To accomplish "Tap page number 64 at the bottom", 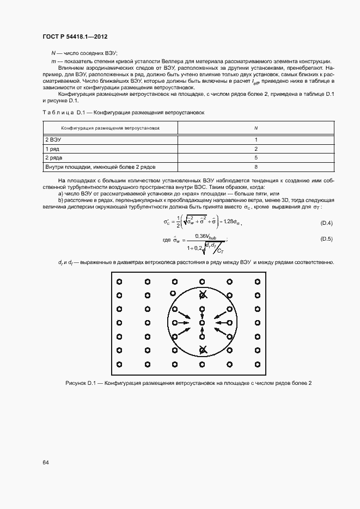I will [x=46, y=462].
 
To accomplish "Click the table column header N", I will [x=255, y=128].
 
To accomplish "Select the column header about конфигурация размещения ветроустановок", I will [x=111, y=128].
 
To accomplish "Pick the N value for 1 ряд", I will [x=255, y=149].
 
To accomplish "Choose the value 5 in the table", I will [x=255, y=157].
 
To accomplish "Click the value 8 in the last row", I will [x=255, y=167].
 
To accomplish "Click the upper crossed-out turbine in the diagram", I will [x=203, y=295].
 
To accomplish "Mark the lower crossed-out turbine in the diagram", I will [x=203, y=351].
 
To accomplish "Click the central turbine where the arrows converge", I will [x=203, y=323].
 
